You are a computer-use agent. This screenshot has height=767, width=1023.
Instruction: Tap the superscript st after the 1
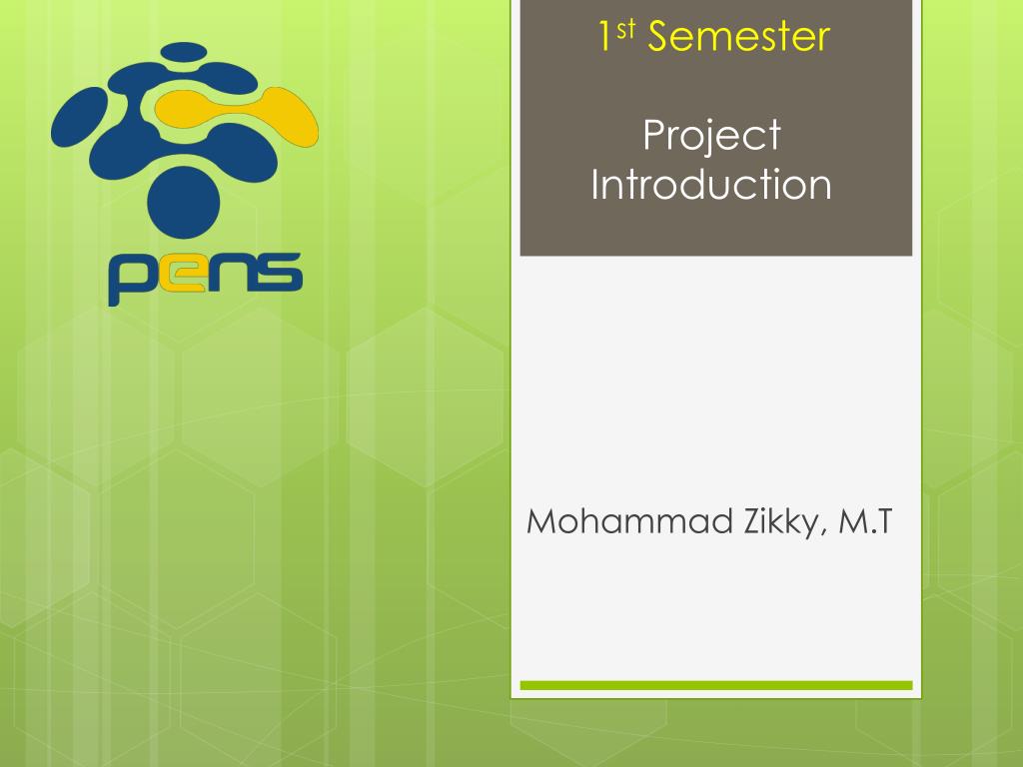pos(625,29)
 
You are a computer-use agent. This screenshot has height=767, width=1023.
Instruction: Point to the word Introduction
pos(711,184)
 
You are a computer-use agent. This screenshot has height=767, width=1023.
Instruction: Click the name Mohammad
pos(629,521)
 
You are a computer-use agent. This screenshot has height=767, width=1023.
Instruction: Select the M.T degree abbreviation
pos(864,521)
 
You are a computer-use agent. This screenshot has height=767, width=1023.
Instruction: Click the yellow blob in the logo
pos(236,115)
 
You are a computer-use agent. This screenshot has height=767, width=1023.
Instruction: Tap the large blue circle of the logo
pos(184,202)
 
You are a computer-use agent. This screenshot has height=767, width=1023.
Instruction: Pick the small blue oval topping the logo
pos(184,51)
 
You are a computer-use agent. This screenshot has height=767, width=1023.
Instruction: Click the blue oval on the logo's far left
pos(79,117)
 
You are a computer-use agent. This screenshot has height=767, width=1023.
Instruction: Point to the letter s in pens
pos(279,272)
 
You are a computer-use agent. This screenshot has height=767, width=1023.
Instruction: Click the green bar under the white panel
pos(715,685)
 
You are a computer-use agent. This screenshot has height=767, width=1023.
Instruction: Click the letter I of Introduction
pos(595,184)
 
